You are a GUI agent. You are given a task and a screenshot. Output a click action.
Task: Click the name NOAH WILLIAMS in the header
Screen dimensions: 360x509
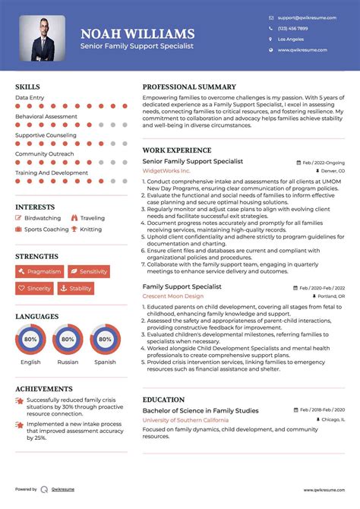[137, 33]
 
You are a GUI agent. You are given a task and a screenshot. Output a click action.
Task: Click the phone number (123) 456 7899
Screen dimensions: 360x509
[294, 28]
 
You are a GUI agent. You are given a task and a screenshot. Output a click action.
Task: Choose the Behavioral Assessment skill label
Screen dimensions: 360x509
[46, 117]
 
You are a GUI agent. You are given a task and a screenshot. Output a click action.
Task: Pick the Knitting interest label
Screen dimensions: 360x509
[90, 229]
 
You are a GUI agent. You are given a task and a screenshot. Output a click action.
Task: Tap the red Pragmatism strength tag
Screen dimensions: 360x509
[39, 271]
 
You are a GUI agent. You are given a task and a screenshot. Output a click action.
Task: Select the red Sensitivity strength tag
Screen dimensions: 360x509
[89, 271]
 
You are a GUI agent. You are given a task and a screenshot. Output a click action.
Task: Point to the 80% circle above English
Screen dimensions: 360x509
[30, 340]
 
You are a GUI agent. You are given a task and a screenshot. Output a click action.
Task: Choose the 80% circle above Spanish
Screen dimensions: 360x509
[105, 340]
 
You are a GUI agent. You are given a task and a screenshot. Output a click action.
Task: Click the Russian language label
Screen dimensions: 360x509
[68, 362]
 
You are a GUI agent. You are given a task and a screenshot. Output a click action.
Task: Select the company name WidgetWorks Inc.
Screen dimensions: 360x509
[167, 172]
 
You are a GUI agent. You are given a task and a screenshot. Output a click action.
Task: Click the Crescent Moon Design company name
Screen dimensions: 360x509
[173, 296]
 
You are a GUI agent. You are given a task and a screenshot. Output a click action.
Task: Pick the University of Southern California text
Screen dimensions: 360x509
[184, 420]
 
